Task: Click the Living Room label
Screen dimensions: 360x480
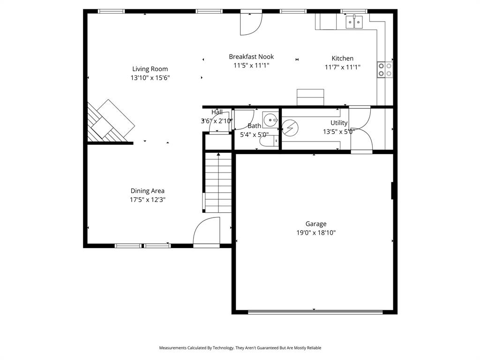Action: click(150, 69)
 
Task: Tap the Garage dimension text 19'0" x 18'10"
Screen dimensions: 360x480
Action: click(315, 232)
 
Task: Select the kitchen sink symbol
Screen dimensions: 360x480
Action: click(354, 22)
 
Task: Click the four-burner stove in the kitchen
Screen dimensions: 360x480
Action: click(385, 70)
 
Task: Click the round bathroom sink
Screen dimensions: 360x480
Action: click(270, 120)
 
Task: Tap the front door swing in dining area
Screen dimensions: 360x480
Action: click(207, 231)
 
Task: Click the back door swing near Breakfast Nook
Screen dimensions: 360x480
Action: click(251, 23)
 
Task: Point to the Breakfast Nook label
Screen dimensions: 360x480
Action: click(251, 57)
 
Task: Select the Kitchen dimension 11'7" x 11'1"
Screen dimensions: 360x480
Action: click(342, 67)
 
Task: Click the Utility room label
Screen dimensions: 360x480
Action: click(339, 123)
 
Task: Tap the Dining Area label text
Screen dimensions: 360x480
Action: click(147, 191)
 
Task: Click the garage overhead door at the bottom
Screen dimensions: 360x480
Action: click(314, 311)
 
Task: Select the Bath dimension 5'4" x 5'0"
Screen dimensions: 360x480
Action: click(254, 135)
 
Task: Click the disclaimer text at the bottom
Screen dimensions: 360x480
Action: click(240, 348)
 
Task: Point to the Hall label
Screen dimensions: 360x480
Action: click(217, 112)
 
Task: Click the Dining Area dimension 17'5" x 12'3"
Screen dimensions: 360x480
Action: click(147, 200)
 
